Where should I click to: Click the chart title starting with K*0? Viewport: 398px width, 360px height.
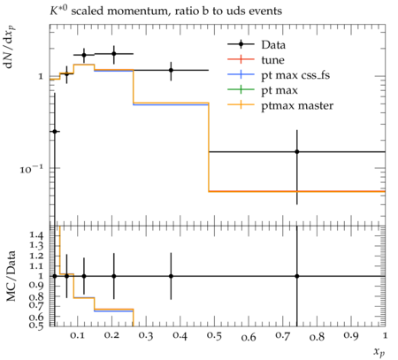click(165, 11)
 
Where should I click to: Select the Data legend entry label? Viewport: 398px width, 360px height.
click(273, 45)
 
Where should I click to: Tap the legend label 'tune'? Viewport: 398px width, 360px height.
click(272, 60)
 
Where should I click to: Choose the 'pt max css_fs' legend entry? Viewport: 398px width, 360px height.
click(295, 75)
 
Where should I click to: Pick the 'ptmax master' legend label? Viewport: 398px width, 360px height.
click(297, 105)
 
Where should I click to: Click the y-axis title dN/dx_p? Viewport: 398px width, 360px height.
click(9, 47)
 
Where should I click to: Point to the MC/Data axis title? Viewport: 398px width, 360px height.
click(11, 276)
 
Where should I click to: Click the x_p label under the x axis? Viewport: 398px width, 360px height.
click(379, 351)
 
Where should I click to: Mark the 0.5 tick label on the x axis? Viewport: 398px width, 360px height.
click(214, 336)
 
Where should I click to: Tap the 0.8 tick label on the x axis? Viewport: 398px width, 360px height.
click(317, 336)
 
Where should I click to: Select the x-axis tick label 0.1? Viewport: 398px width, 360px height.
click(77, 336)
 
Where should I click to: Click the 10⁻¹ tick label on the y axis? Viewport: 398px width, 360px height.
click(32, 169)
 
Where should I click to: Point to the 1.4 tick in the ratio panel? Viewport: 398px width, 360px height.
click(36, 235)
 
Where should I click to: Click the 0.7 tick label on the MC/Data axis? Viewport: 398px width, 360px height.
click(36, 305)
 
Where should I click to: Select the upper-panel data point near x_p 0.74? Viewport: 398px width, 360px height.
click(297, 152)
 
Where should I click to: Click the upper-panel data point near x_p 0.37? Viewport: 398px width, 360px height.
click(171, 70)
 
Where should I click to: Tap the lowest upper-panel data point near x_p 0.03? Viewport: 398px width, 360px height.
click(55, 131)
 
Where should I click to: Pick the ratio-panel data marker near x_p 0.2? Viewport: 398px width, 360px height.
click(114, 276)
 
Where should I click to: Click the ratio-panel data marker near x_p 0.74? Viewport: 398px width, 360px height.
click(297, 276)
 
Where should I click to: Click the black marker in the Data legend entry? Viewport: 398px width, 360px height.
click(241, 44)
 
